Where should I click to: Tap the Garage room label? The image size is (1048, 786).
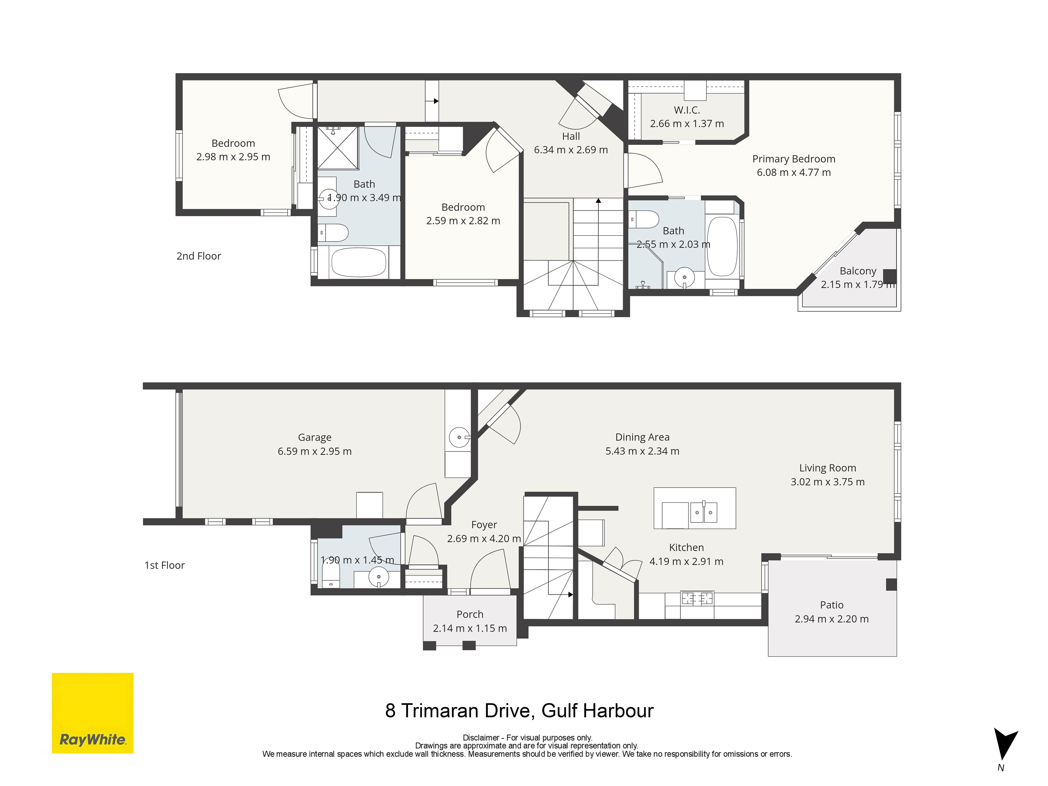pos(315,437)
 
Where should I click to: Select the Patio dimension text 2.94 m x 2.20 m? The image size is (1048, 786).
pos(832,619)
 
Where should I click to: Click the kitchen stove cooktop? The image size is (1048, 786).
pos(696,599)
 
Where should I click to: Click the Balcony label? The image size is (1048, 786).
pos(858,271)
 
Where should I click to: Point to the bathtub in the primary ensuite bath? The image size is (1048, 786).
pos(722,246)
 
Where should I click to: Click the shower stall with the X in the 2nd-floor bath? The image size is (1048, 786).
pos(337,147)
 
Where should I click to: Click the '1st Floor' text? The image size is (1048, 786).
pos(164,565)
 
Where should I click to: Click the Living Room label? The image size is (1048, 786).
pos(827,468)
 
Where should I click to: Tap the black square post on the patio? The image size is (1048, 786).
pos(891,585)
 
